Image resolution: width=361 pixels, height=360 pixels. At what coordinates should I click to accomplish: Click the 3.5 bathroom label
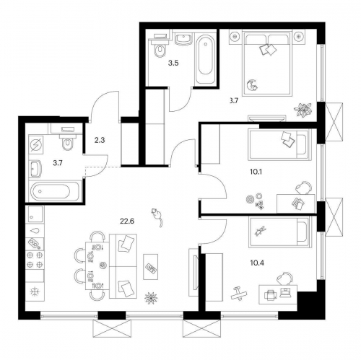coord(173,63)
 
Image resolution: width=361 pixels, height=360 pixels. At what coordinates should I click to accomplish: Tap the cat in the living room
coord(155,214)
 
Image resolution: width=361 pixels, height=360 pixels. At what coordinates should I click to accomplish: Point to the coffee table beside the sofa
coord(152,267)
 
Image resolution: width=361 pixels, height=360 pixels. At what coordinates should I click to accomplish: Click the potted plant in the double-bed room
coord(302,109)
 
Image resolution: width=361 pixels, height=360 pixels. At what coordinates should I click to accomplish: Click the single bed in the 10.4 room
coord(278,236)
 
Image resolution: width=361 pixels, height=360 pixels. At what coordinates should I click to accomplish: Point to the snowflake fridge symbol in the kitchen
coord(34,291)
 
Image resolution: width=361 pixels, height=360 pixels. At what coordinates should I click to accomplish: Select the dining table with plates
coord(93,266)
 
